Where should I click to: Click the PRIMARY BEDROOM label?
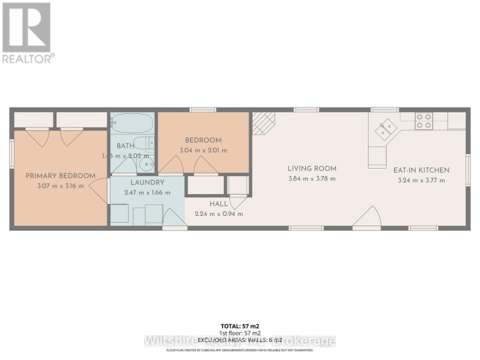60,176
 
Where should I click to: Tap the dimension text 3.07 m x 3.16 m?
60,185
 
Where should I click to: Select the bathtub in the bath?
132,123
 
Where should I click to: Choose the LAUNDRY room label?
147,182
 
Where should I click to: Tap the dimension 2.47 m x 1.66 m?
147,192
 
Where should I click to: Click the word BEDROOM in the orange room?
203,140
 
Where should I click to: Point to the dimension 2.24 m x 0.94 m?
219,214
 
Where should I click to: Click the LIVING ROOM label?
312,169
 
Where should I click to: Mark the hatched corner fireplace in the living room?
263,122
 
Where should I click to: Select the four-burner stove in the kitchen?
424,121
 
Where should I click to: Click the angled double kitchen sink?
385,129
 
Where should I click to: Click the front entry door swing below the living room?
367,218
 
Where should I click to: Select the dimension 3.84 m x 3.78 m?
312,179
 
